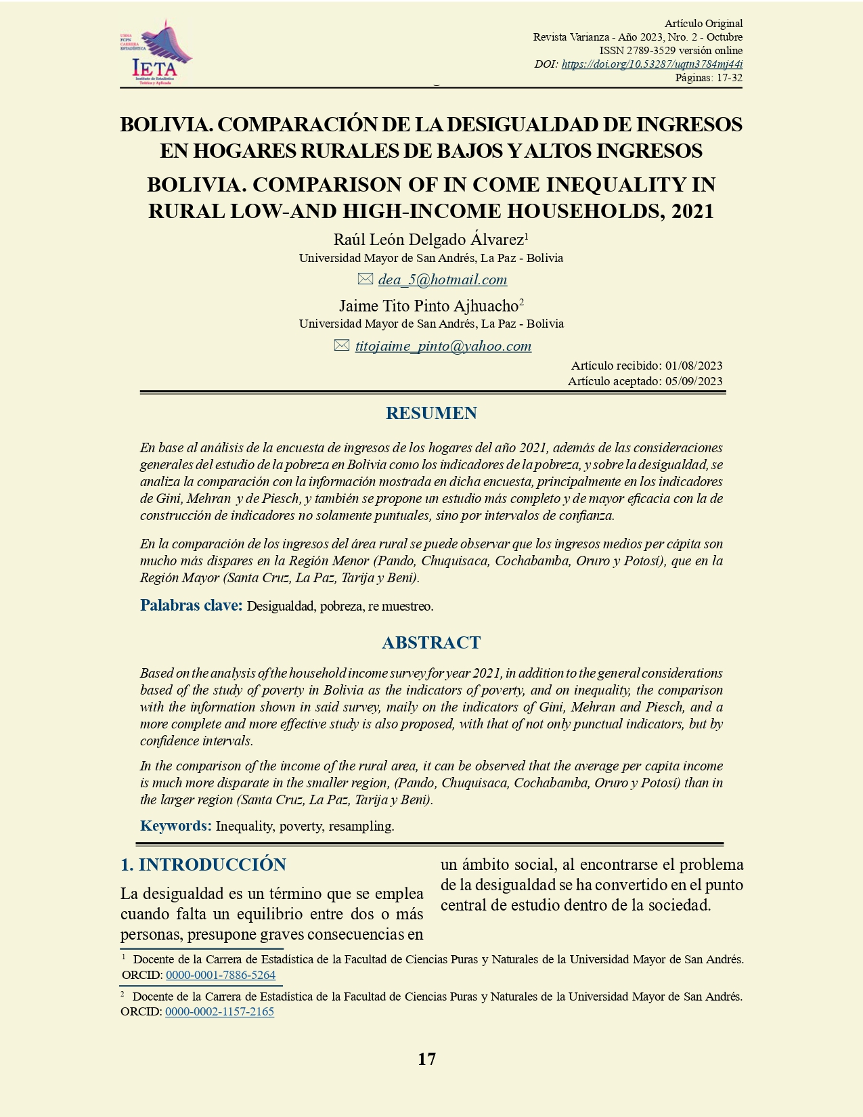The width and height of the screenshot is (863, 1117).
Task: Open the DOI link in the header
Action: pyautogui.click(x=652, y=64)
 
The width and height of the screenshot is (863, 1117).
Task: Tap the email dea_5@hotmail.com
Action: pyautogui.click(x=443, y=280)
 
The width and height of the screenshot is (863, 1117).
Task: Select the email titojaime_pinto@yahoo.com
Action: pyautogui.click(x=443, y=346)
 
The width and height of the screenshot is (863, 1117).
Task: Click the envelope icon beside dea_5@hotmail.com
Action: pyautogui.click(x=366, y=279)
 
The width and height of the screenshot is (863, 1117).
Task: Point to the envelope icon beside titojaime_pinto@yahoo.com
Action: pyautogui.click(x=342, y=345)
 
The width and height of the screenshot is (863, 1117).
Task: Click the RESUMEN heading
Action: pyautogui.click(x=431, y=413)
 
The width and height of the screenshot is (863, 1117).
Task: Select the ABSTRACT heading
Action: pyautogui.click(x=431, y=642)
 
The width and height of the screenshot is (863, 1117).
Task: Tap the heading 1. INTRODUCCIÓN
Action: pyautogui.click(x=203, y=864)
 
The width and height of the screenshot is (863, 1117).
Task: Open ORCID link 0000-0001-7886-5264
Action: pyautogui.click(x=221, y=975)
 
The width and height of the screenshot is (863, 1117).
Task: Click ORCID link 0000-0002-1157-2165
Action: pyautogui.click(x=219, y=1011)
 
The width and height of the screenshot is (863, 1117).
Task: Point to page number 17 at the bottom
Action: pyautogui.click(x=426, y=1059)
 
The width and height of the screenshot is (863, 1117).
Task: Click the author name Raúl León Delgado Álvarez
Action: pyautogui.click(x=428, y=240)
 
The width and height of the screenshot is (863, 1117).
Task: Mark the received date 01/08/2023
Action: pyautogui.click(x=694, y=366)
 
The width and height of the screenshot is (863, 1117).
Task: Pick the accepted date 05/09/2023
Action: pyautogui.click(x=694, y=381)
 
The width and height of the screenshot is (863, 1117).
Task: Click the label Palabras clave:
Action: pyautogui.click(x=191, y=605)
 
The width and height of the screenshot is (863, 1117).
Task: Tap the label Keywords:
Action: pyautogui.click(x=175, y=826)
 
